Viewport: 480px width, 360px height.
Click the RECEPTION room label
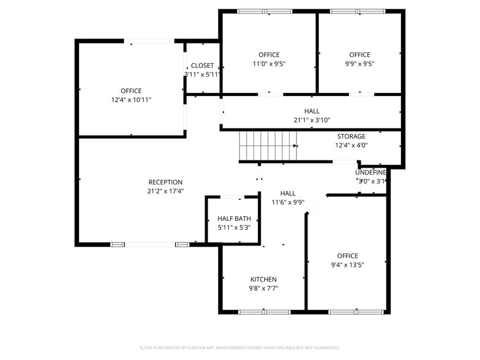click(x=165, y=182)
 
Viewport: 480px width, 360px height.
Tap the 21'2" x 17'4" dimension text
click(x=165, y=191)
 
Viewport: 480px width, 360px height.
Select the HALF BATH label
click(x=234, y=219)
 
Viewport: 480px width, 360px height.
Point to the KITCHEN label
click(x=263, y=279)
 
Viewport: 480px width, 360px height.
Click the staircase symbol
click(x=268, y=146)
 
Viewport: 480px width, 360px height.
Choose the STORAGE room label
click(x=351, y=137)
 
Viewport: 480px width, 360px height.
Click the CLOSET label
click(x=203, y=66)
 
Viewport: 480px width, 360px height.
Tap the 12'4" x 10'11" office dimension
click(x=131, y=99)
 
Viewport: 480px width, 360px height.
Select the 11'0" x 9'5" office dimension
click(x=269, y=63)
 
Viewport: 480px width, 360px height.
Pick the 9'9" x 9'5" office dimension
click(x=359, y=63)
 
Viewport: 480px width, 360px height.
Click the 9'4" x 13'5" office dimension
click(x=347, y=265)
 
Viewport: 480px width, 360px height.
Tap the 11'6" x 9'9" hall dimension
click(x=288, y=202)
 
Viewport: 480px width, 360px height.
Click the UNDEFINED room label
click(x=371, y=173)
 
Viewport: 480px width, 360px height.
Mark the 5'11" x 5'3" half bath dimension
click(x=234, y=227)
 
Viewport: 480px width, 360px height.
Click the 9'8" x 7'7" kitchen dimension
click(x=263, y=288)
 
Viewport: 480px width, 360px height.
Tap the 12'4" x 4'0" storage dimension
click(x=351, y=145)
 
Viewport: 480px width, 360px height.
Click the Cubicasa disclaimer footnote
click(x=239, y=347)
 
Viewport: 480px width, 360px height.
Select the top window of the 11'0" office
click(x=264, y=11)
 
